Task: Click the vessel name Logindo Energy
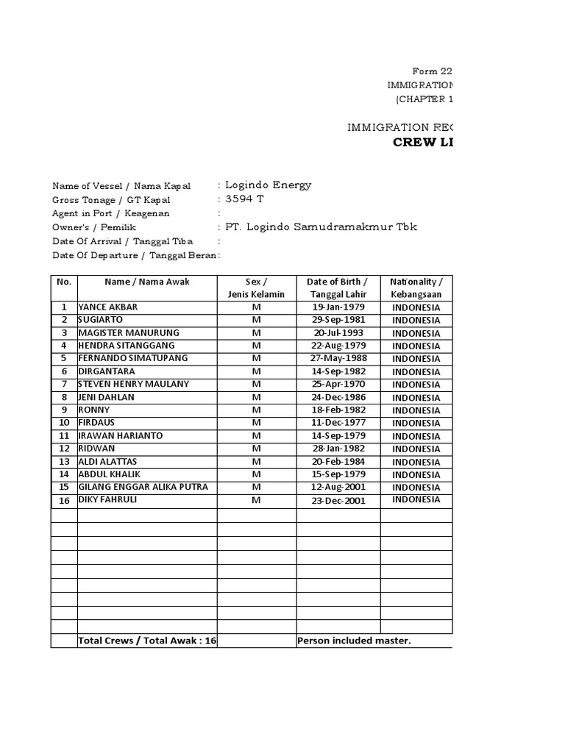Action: click(x=268, y=185)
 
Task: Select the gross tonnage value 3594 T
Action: click(x=244, y=199)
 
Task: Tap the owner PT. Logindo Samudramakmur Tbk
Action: click(x=321, y=226)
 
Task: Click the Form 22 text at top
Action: click(x=432, y=71)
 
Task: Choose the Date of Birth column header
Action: click(x=338, y=288)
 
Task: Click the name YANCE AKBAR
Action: click(x=107, y=307)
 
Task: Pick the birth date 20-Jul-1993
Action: click(x=338, y=333)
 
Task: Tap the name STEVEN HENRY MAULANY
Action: click(x=133, y=385)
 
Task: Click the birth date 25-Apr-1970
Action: click(x=338, y=385)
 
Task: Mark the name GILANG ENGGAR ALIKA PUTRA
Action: click(x=143, y=488)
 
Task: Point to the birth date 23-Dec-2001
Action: click(x=338, y=500)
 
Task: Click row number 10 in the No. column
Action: click(x=64, y=423)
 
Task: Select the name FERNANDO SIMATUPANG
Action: click(x=132, y=359)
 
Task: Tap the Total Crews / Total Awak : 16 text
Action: click(x=147, y=640)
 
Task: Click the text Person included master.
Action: click(x=354, y=640)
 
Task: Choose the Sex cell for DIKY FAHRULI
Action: click(x=257, y=500)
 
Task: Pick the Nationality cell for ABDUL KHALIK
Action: click(x=416, y=474)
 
